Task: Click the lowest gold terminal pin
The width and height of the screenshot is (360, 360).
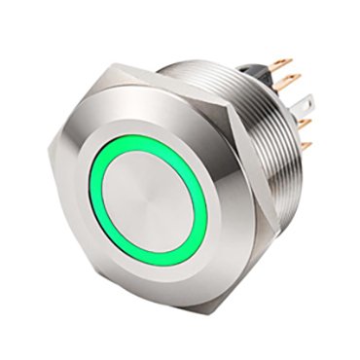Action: pos(305,147)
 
